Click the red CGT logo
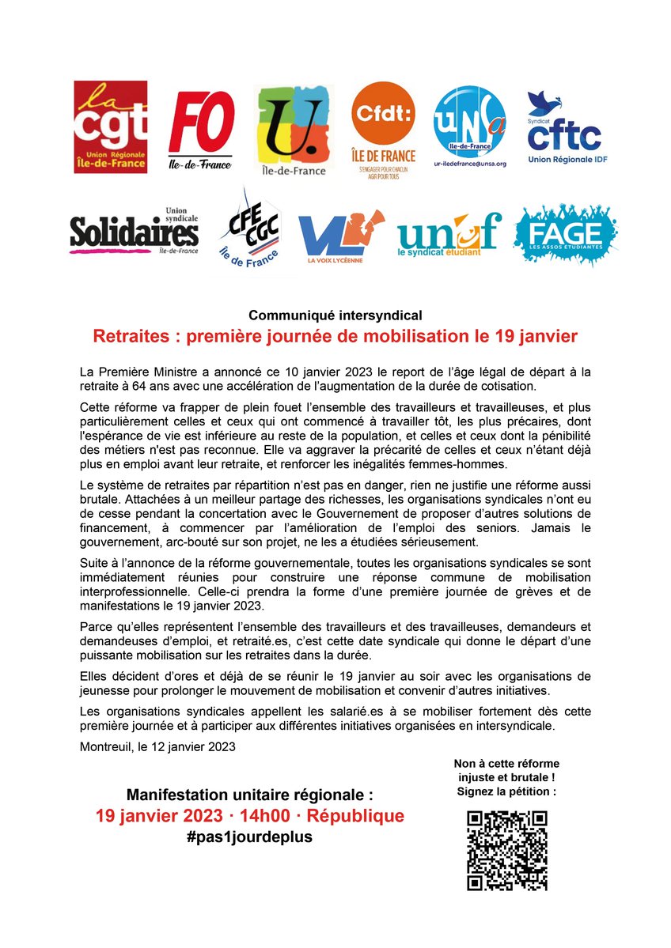pyautogui.click(x=110, y=127)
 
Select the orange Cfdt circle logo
pyautogui.click(x=384, y=131)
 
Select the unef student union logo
pyautogui.click(x=449, y=232)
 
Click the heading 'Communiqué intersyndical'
pyautogui.click(x=335, y=315)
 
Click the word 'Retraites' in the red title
pyautogui.click(x=133, y=336)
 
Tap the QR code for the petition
pyautogui.click(x=506, y=851)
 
